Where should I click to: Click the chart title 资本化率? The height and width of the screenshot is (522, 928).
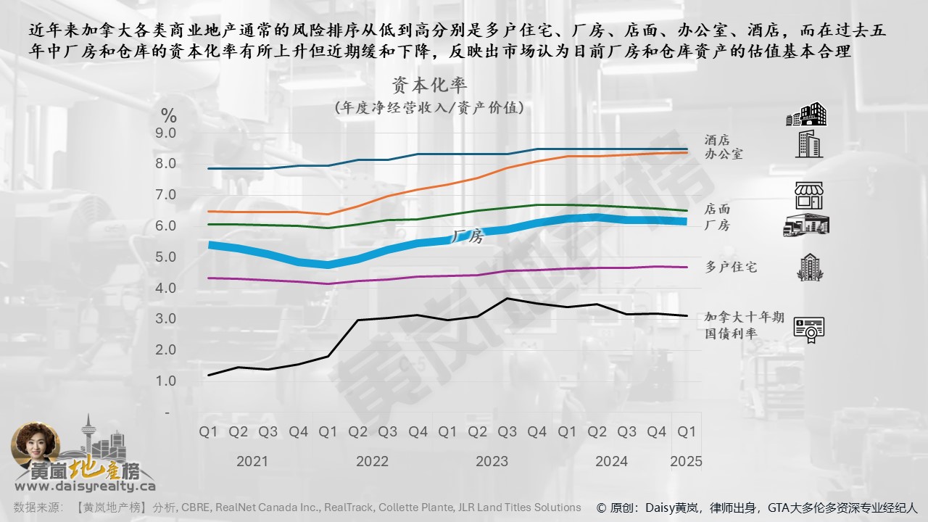(429, 86)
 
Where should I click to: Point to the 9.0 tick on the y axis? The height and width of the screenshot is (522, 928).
(166, 133)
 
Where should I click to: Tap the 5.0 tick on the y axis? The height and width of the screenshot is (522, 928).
(166, 257)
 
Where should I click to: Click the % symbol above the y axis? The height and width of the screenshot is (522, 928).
(168, 115)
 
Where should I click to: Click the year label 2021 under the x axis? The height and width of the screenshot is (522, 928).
(252, 461)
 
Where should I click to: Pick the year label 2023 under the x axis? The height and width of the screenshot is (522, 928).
(492, 461)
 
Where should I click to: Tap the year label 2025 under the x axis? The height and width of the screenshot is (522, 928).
(686, 461)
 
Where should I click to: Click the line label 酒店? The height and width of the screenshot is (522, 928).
(717, 140)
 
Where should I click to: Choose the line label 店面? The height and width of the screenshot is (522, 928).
(717, 210)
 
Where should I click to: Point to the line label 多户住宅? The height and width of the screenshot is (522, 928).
(731, 268)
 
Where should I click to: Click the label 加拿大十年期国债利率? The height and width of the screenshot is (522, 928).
(745, 326)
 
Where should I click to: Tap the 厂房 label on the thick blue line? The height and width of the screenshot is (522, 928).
(467, 236)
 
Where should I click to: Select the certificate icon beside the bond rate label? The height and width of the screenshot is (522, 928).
(808, 330)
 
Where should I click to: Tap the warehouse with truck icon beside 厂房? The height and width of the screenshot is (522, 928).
(806, 225)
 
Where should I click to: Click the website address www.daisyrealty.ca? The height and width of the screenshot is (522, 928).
(85, 486)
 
